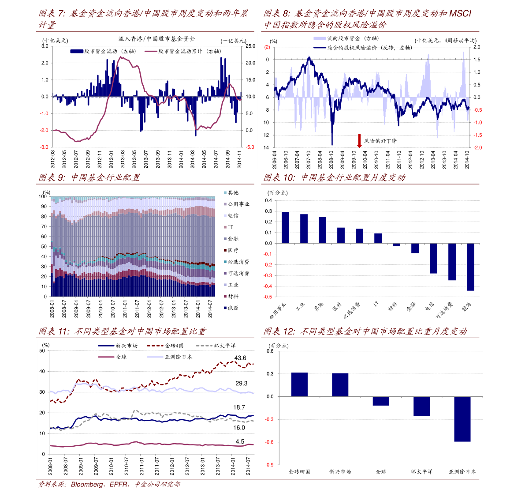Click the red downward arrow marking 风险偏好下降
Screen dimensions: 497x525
(x=359, y=140)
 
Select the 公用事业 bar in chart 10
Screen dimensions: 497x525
(x=285, y=227)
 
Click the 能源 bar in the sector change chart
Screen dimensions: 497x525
(x=470, y=267)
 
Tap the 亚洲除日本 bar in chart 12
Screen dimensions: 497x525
(x=462, y=419)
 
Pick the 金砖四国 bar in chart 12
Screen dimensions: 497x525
(x=299, y=384)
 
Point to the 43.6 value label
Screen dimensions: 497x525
(x=240, y=358)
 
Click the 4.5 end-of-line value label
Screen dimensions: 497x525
(x=240, y=441)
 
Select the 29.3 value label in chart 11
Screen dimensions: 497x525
(x=242, y=383)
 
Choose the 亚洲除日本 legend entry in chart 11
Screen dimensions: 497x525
(x=174, y=357)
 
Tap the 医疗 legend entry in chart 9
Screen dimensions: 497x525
(x=232, y=250)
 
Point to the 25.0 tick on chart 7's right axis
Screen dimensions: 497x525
(x=250, y=46)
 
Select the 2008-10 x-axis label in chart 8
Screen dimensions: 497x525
(x=331, y=159)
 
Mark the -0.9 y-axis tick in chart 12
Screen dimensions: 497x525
(x=269, y=465)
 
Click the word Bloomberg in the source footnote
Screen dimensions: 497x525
(x=87, y=485)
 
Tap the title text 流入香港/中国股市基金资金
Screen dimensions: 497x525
(x=156, y=39)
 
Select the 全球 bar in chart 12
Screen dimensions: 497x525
(x=381, y=401)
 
